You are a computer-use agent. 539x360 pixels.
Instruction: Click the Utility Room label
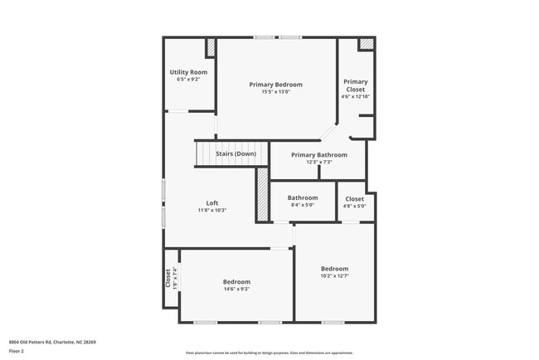pyautogui.click(x=188, y=72)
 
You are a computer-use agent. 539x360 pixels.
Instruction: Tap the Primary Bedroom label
pyautogui.click(x=276, y=85)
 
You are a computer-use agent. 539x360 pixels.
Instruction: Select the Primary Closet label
pyautogui.click(x=355, y=85)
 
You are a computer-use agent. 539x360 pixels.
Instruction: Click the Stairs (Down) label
pyautogui.click(x=236, y=154)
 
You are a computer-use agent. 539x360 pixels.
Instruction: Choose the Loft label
pyautogui.click(x=212, y=203)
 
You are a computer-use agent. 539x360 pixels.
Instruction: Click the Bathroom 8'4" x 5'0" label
pyautogui.click(x=303, y=198)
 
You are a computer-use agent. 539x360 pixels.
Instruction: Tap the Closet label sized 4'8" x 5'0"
pyautogui.click(x=354, y=199)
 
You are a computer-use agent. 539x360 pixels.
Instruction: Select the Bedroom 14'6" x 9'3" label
pyautogui.click(x=236, y=282)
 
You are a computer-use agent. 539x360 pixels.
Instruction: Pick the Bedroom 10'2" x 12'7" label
pyautogui.click(x=335, y=269)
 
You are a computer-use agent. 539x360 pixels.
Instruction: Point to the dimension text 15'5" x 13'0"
pyautogui.click(x=276, y=92)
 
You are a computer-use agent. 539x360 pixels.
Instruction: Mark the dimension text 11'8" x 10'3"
pyautogui.click(x=212, y=211)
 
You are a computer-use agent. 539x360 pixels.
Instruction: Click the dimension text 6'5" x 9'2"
pyautogui.click(x=188, y=80)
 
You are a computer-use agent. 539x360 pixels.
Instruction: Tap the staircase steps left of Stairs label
pyautogui.click(x=204, y=153)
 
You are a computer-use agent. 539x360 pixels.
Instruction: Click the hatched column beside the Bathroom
pyautogui.click(x=262, y=195)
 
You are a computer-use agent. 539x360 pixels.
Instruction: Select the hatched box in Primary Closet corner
pyautogui.click(x=366, y=45)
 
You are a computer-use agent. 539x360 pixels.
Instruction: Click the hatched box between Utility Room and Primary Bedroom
pyautogui.click(x=211, y=47)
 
